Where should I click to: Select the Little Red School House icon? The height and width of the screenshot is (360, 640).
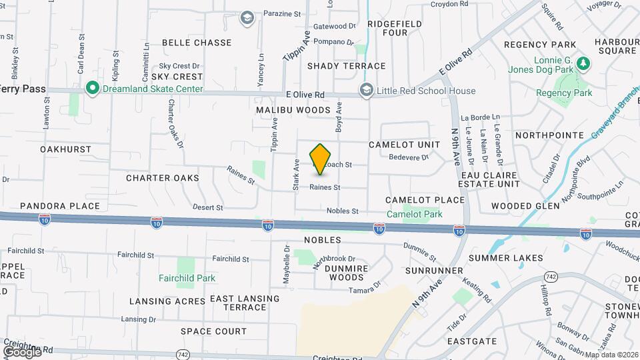coord(366,91)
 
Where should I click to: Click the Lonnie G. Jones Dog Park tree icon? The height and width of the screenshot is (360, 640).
coord(584,63)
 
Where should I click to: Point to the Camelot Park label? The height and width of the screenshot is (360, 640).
coord(415,214)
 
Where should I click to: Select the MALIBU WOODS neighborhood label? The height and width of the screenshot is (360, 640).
coord(294,109)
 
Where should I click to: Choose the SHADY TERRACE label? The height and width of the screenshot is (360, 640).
coord(346,66)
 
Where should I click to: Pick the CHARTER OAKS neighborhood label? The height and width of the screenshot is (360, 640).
coord(163,178)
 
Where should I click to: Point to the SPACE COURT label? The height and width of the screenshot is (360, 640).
coord(213,331)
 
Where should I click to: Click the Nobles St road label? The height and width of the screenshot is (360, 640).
coord(342,211)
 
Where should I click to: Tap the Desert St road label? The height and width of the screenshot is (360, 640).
coord(207,207)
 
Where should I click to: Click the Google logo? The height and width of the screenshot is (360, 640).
coord(22,351)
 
